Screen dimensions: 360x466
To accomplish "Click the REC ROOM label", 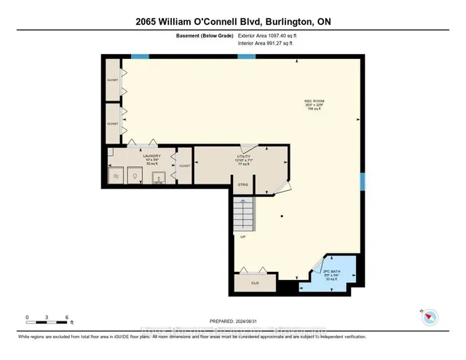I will (x=315, y=101).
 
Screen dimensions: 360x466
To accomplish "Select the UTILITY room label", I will (x=243, y=156).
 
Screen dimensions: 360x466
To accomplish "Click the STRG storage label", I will (x=244, y=185).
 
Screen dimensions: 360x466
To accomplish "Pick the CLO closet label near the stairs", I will (x=255, y=283).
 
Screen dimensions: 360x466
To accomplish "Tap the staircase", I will (x=243, y=214).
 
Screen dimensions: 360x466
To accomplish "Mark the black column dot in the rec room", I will (x=282, y=217).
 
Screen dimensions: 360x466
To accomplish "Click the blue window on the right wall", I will (x=362, y=180).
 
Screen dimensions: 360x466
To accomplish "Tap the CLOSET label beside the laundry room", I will (x=184, y=166).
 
